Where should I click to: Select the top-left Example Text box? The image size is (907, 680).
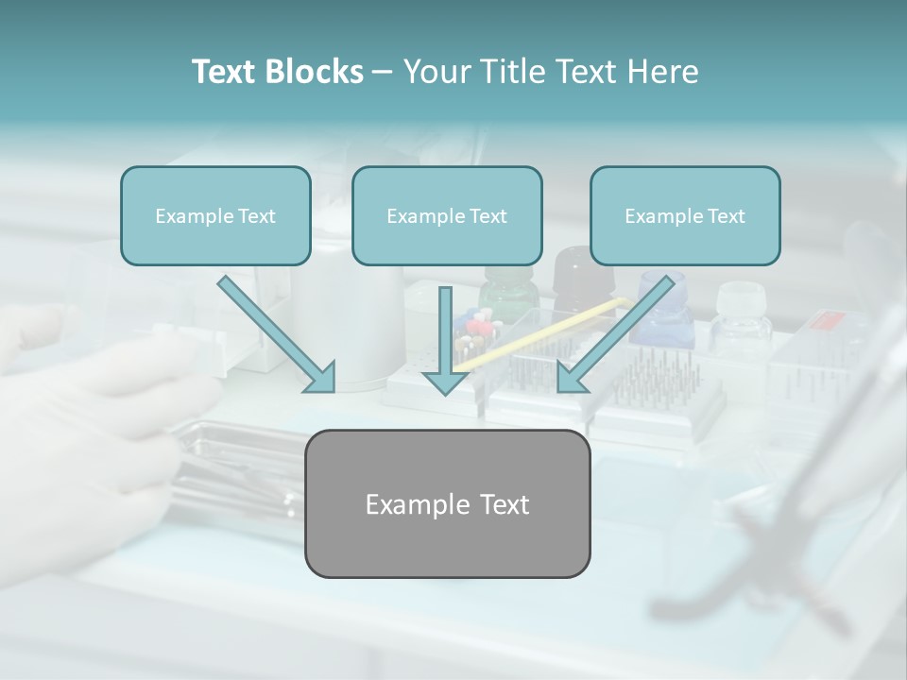tap(215, 215)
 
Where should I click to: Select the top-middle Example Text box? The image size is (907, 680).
tap(447, 215)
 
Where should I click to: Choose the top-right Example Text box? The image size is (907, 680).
tap(685, 215)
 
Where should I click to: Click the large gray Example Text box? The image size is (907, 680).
tap(447, 503)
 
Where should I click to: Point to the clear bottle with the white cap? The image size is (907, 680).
tap(740, 312)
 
